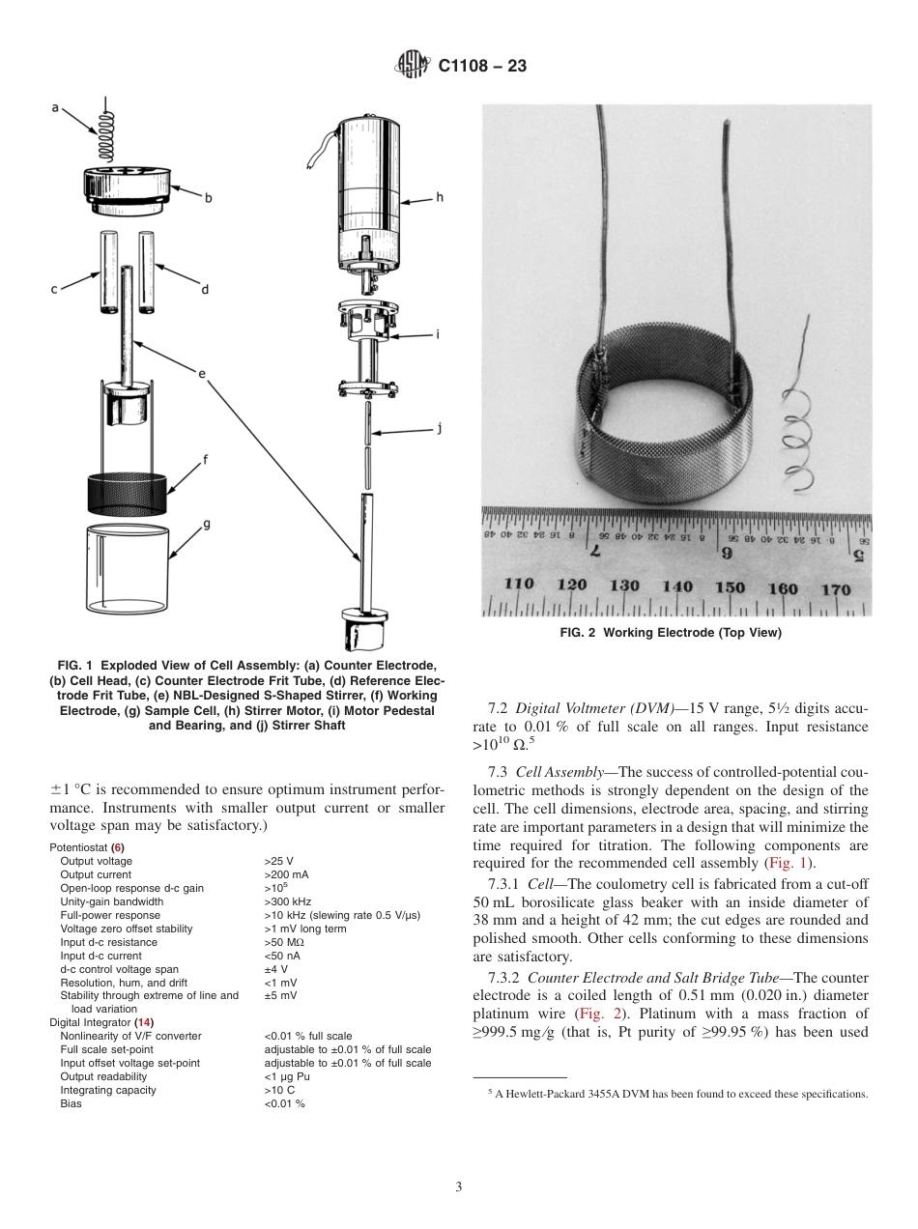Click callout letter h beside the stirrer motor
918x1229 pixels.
point(440,197)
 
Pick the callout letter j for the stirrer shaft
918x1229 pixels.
point(439,428)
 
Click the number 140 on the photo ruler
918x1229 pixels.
point(677,586)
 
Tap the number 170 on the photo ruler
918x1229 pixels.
point(836,588)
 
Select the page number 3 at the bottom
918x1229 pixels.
point(458,1186)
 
